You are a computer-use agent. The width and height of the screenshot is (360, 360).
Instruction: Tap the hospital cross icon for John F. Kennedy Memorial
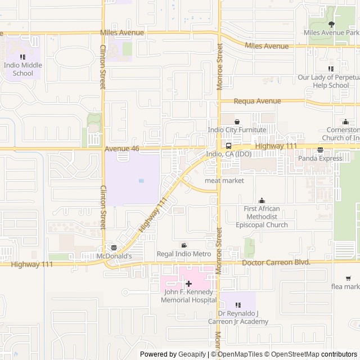pos(188,284)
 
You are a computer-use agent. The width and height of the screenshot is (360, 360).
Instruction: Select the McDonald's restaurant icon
pos(114,247)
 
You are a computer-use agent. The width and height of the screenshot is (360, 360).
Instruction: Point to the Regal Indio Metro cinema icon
pos(184,245)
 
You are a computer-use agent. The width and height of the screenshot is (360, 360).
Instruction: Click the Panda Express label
pos(320,158)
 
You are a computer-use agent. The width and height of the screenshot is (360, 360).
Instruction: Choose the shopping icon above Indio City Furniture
pos(237,121)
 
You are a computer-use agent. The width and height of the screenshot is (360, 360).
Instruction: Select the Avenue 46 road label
pos(121,148)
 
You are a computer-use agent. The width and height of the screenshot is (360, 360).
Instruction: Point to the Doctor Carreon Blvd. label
pos(276,263)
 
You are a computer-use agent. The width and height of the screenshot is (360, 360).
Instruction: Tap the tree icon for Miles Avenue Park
pos(331,24)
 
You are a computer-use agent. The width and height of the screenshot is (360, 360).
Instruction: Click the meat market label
pos(224,181)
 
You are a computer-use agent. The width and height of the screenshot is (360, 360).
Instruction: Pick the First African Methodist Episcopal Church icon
pos(262,200)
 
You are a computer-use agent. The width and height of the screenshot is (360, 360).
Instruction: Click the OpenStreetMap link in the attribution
pos(291,354)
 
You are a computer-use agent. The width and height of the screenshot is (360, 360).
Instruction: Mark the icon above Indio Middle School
pos(22,56)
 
